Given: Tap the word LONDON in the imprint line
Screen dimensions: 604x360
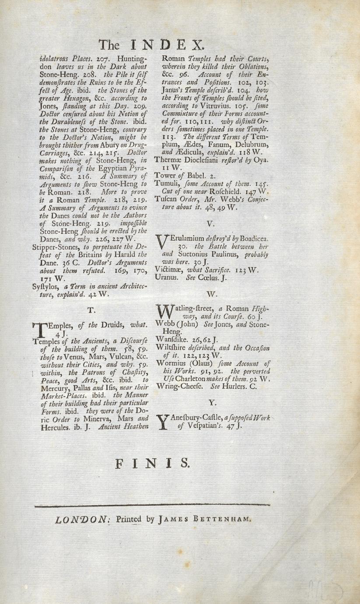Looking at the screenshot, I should point(82,520).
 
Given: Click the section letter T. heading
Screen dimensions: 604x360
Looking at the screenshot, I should point(91,310).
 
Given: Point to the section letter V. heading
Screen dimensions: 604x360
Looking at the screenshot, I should point(211,224).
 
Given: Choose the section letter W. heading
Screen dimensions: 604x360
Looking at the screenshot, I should point(211,293).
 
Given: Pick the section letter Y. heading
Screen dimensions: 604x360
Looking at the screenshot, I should point(211,401).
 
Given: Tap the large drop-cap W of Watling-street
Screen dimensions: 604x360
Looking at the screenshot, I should point(164,312).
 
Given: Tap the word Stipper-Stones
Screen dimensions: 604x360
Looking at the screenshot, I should point(54,247).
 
